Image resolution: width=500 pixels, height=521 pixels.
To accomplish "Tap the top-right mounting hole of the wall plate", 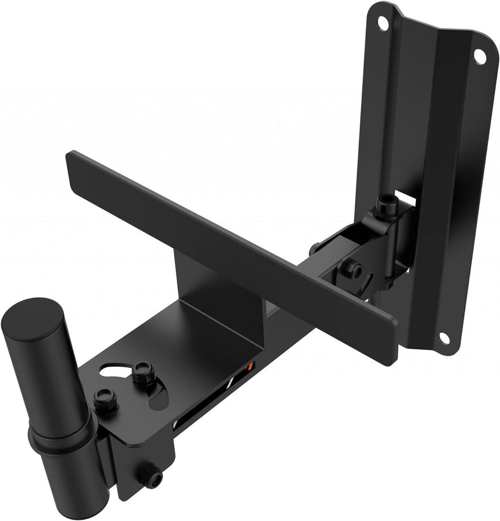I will (480, 56).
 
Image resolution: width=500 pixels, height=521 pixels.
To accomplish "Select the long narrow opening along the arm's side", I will (204, 399).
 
